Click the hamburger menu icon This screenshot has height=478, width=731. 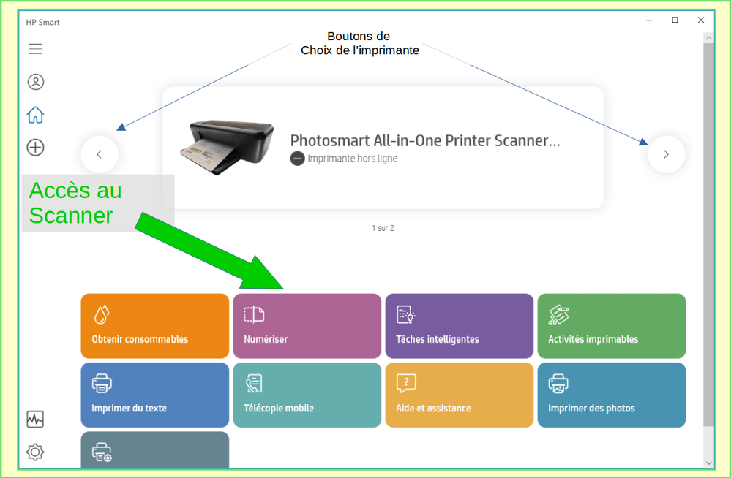(x=35, y=49)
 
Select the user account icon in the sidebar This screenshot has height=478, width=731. (x=35, y=82)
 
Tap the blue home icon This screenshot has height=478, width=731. (x=35, y=115)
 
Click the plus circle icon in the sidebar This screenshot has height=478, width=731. (x=35, y=148)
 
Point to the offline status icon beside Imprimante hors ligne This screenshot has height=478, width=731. (x=297, y=159)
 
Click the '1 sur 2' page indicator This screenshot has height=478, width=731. (x=383, y=228)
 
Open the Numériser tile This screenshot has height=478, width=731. (x=307, y=326)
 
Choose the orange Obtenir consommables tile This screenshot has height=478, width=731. (x=154, y=326)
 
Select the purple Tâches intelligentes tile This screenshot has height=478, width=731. (x=459, y=326)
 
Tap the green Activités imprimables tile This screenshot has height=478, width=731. (x=611, y=326)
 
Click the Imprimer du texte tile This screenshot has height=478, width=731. (x=154, y=395)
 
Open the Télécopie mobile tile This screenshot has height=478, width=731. (x=307, y=395)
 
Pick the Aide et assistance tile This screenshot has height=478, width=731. (x=459, y=395)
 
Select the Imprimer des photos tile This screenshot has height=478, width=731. (x=611, y=395)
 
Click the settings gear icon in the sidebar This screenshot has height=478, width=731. (x=35, y=452)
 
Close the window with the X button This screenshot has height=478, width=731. (x=701, y=20)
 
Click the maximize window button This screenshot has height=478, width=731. (x=675, y=20)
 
